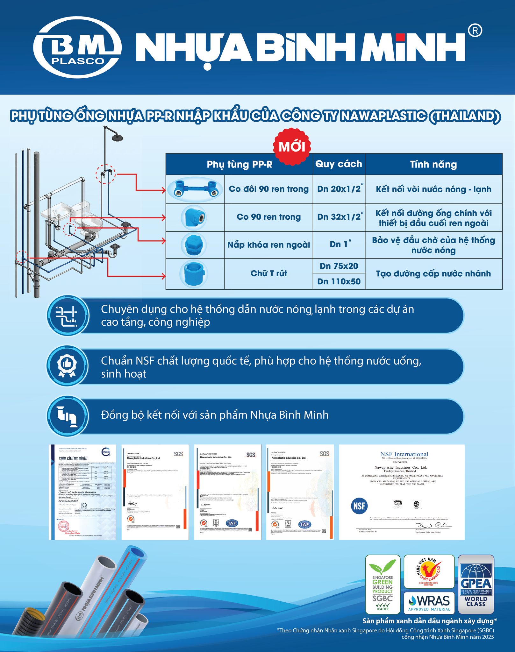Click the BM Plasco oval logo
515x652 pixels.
pos(77,47)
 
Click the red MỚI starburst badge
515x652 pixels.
pos(292,147)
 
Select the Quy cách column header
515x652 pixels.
pos(339,164)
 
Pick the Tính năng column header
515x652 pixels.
pos(433,164)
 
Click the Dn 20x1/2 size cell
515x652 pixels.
pos(339,189)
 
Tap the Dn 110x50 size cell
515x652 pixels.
pos(339,281)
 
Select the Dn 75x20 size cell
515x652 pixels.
pos(339,266)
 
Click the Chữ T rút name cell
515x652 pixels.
pos(268,273)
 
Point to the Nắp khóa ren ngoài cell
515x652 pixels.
pos(268,244)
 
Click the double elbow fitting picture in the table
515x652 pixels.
pos(195,190)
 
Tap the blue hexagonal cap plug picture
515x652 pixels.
pos(194,245)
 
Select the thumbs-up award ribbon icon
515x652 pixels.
pos(67,366)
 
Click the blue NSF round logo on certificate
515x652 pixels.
pos(359,506)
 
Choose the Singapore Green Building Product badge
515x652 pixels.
pos(383,584)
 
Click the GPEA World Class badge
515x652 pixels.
pos(476,584)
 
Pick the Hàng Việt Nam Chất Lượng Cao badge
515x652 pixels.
pos(429,571)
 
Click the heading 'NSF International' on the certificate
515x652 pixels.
pos(404,454)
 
